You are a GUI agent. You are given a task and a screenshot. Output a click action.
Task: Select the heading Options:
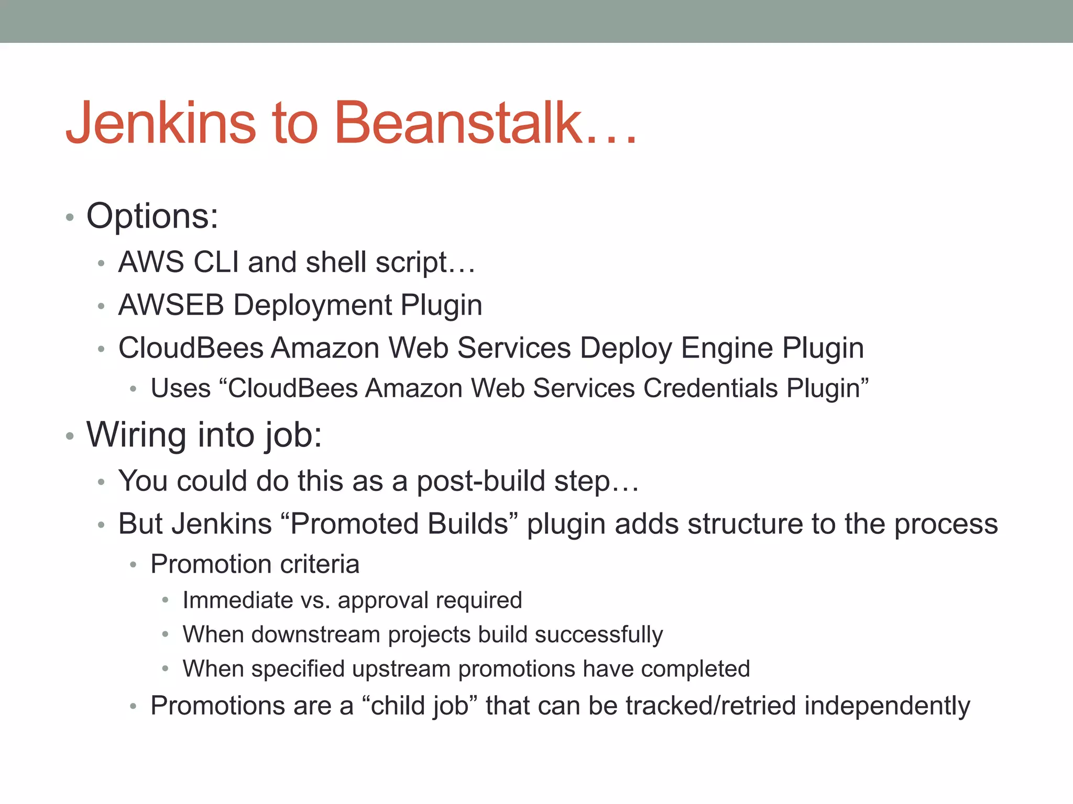[x=152, y=216]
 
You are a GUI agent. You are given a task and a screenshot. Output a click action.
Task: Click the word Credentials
[x=710, y=388]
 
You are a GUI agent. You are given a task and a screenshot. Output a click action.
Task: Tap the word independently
[x=887, y=706]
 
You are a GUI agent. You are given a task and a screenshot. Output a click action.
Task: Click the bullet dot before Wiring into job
[x=70, y=436]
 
